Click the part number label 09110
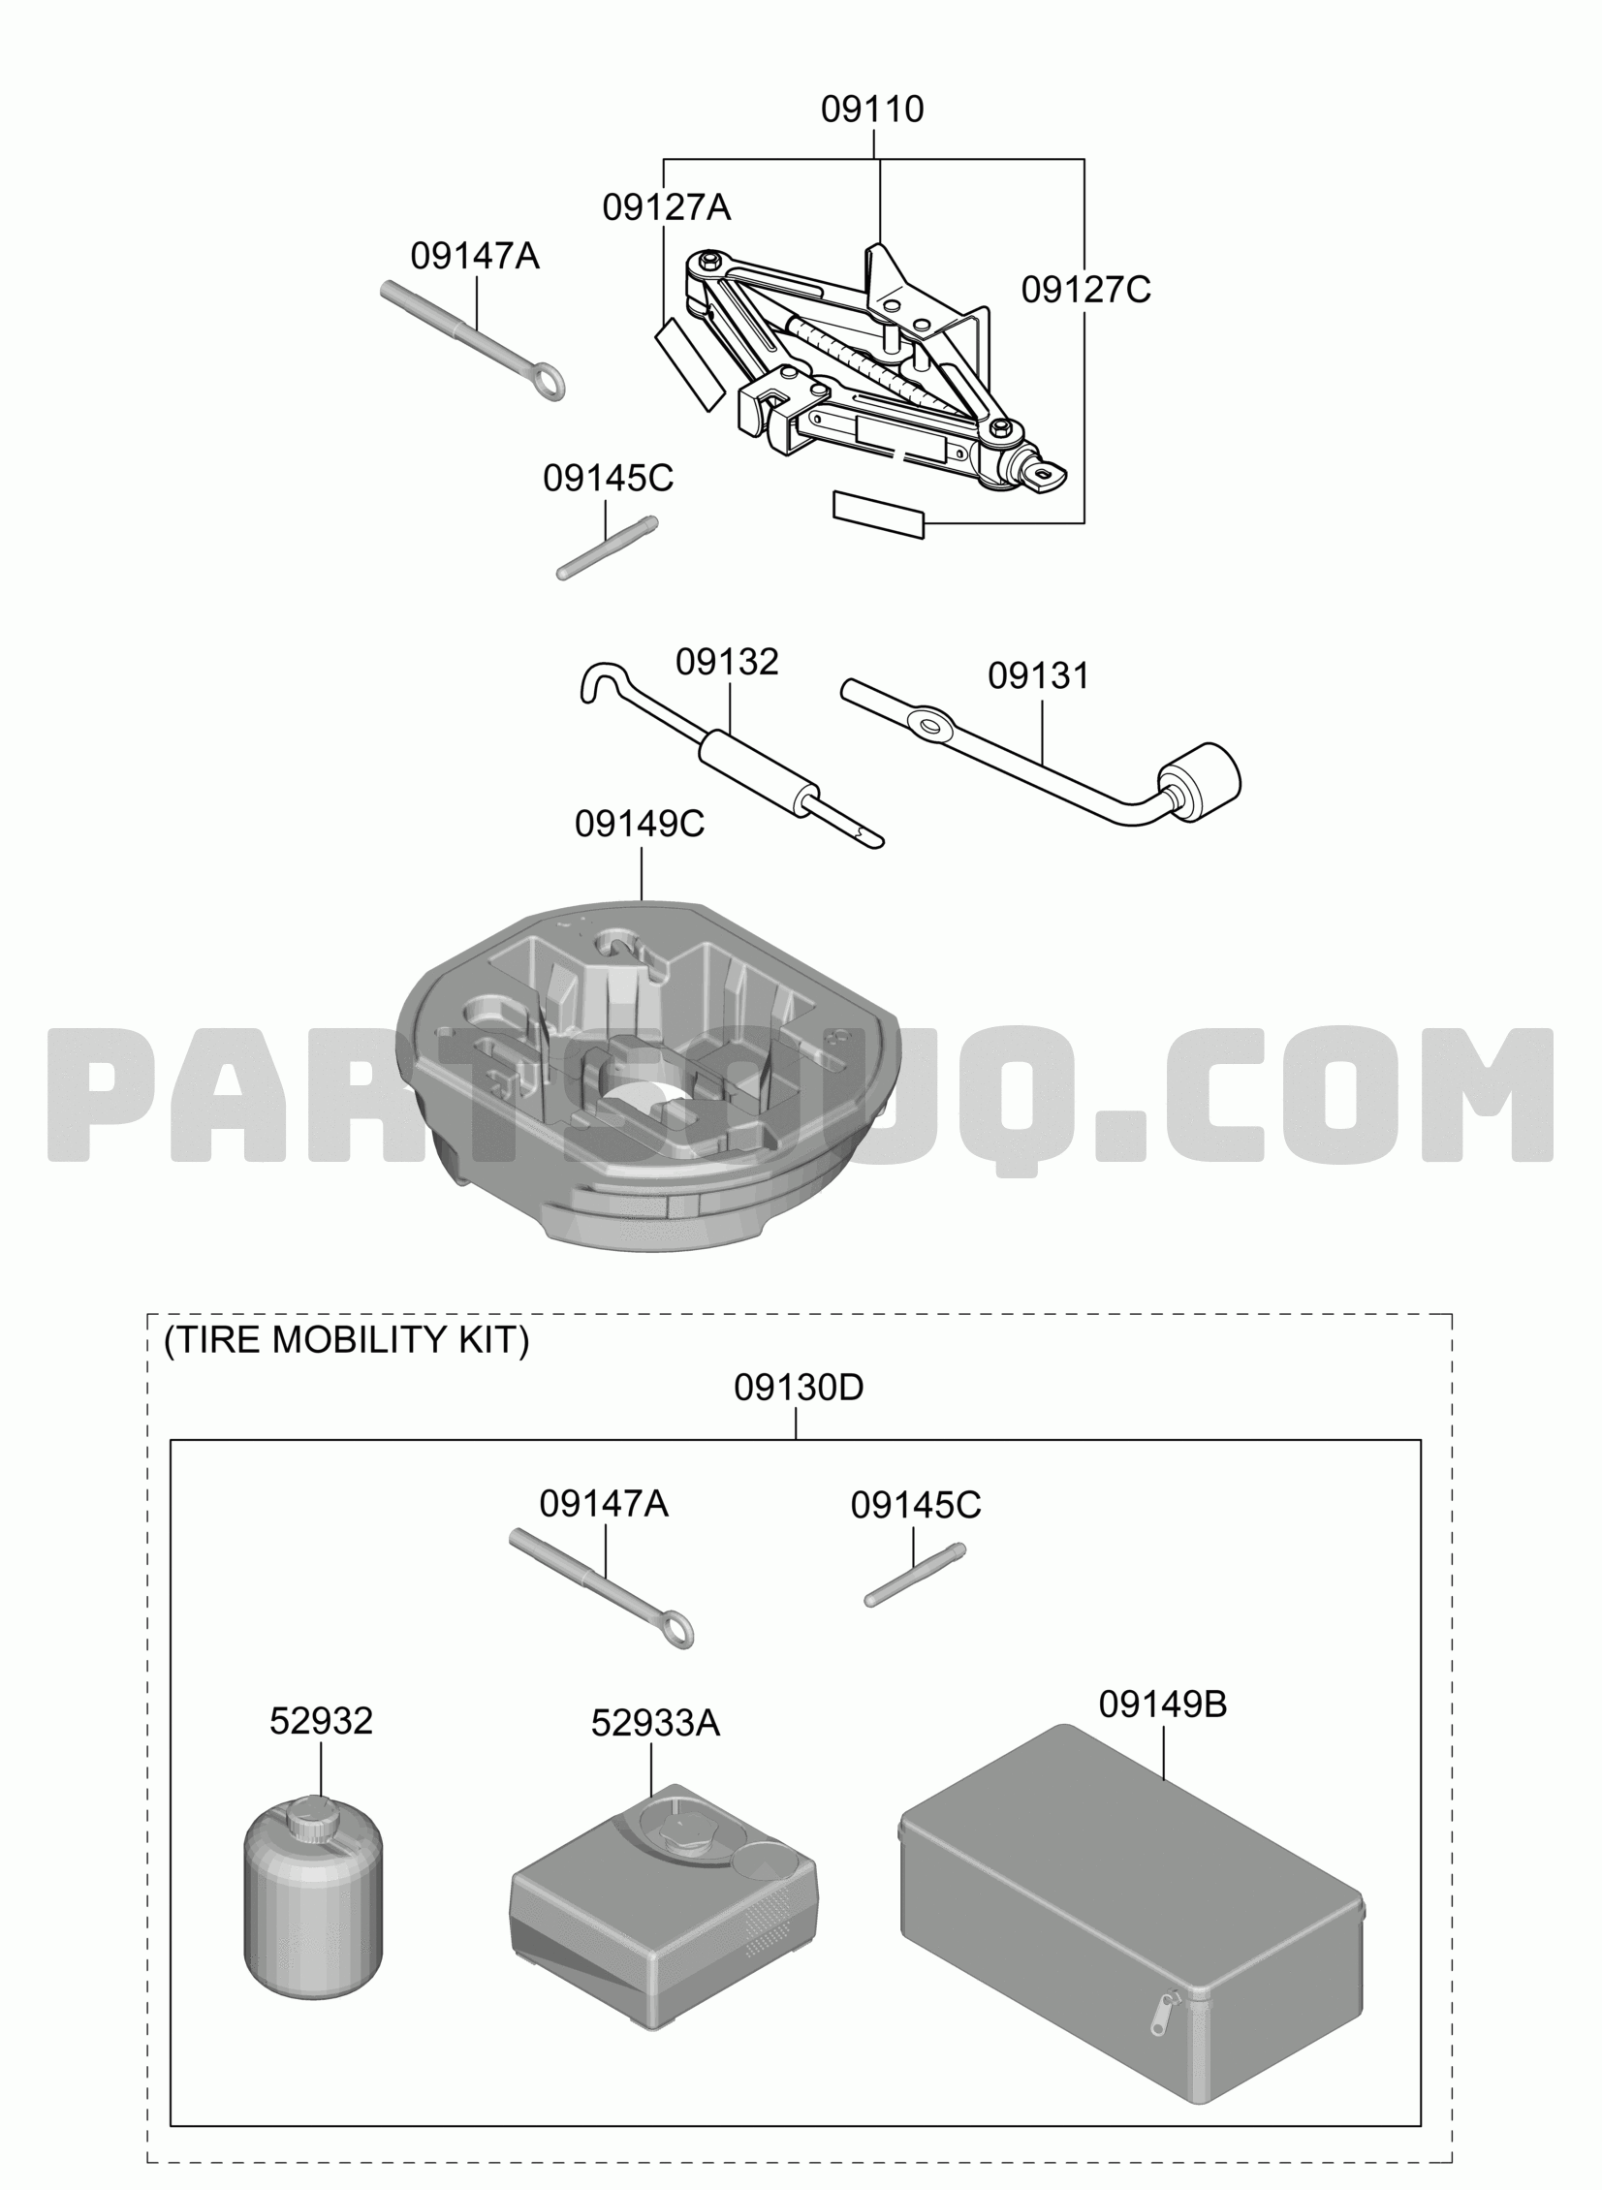point(872,109)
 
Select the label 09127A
point(666,207)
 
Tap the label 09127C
point(1086,289)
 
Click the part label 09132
point(727,661)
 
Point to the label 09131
point(1039,675)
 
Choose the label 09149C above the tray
point(640,823)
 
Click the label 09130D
point(798,1388)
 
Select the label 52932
point(321,1721)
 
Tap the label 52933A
point(655,1723)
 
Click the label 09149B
point(1163,1704)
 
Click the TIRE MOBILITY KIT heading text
point(346,1340)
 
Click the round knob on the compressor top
point(691,1831)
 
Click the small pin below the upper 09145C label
point(608,548)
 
